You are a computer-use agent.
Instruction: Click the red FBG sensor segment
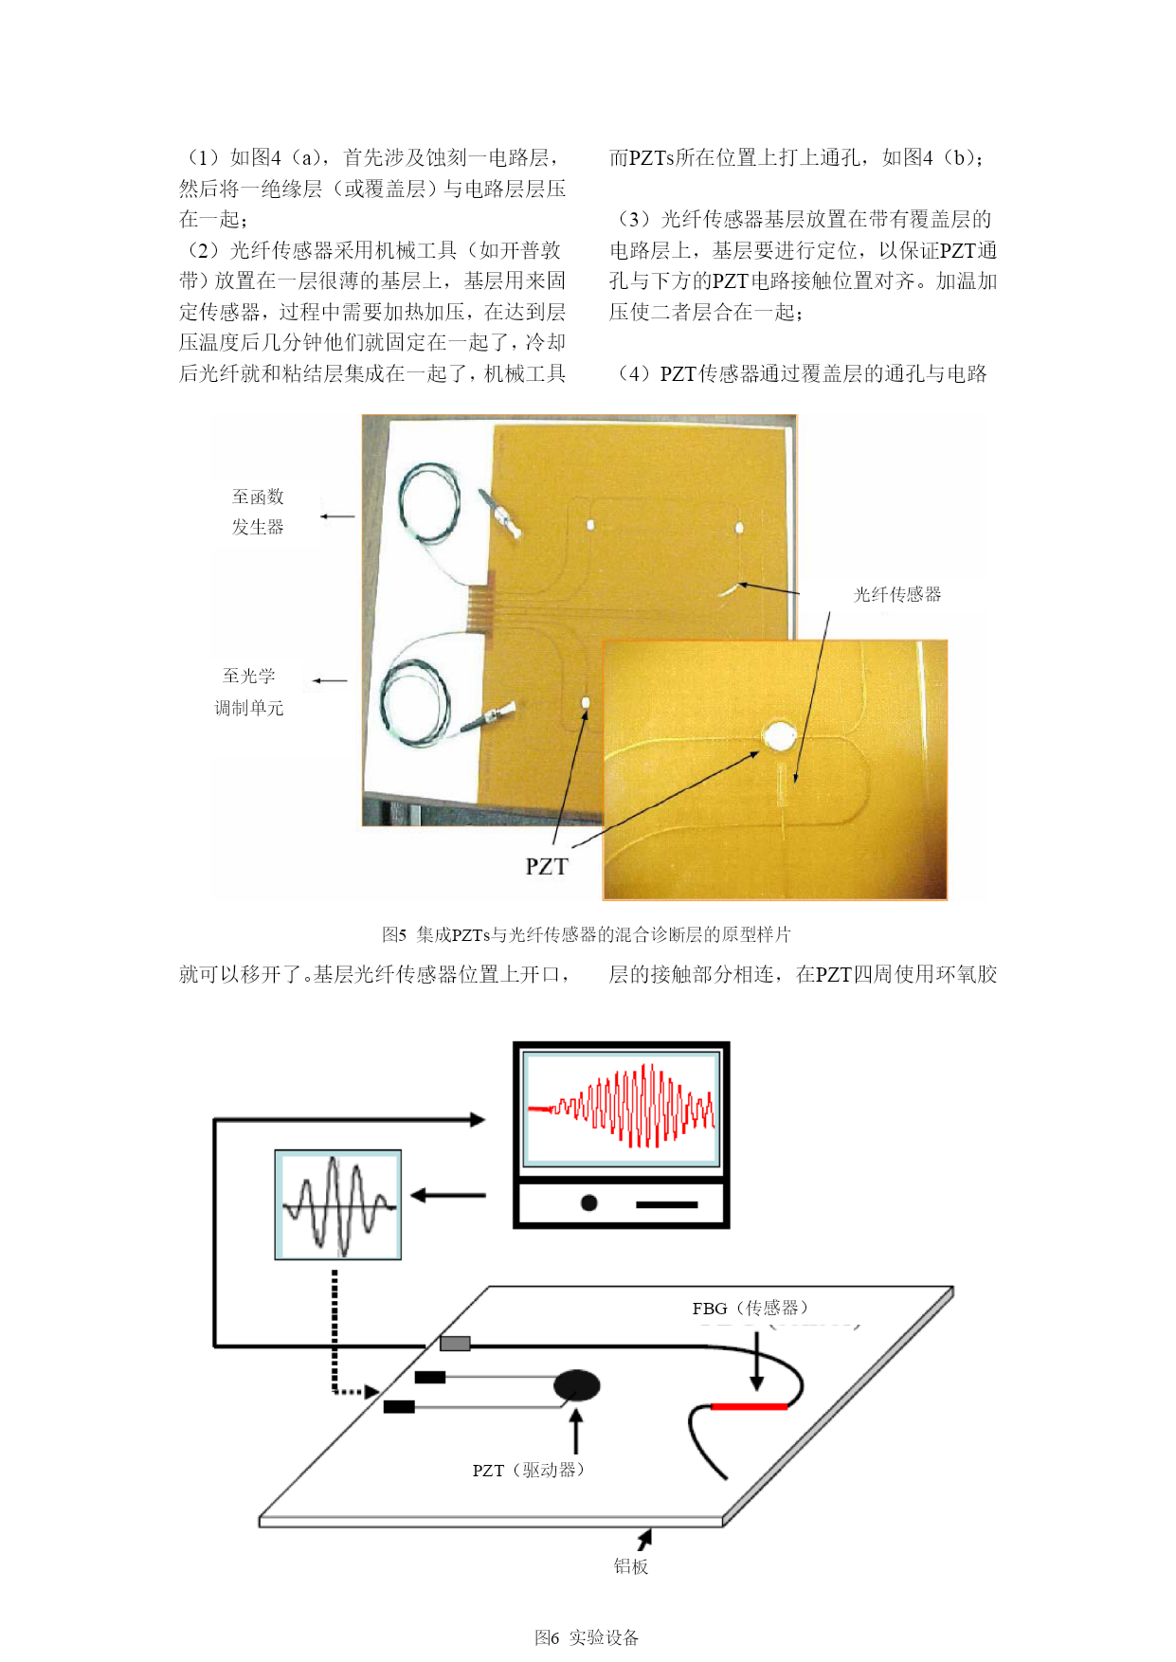coord(749,1406)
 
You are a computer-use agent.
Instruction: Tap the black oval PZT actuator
coord(577,1386)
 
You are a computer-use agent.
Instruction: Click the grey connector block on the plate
coord(455,1343)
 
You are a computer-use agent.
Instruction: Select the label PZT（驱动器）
coord(529,1470)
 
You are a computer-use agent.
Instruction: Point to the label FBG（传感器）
coord(750,1308)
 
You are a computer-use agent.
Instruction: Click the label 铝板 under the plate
coord(631,1565)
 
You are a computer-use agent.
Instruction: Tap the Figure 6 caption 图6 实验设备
coord(587,1636)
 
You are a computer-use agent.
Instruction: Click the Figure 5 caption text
coord(587,934)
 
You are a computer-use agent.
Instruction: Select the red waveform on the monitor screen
coord(622,1106)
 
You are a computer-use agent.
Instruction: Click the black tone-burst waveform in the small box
coord(338,1204)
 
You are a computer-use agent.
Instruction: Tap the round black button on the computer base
coord(588,1202)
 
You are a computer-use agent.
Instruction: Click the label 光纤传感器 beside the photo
coord(897,594)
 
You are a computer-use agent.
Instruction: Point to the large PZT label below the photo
coord(547,866)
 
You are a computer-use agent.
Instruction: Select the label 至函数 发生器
coord(258,512)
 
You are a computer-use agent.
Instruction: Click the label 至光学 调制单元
coord(248,692)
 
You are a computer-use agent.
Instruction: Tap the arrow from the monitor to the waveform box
coord(448,1195)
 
